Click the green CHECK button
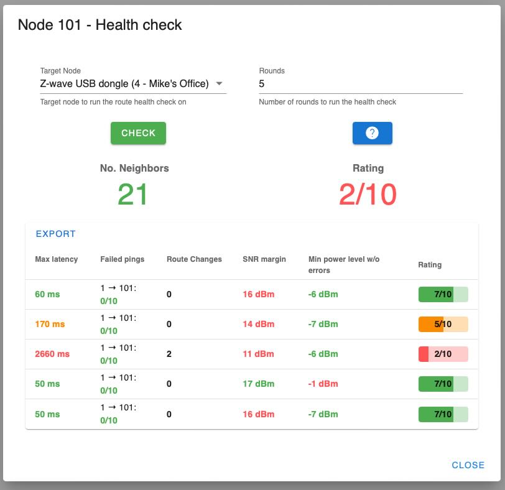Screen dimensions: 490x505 [138, 133]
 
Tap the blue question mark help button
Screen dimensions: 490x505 [372, 133]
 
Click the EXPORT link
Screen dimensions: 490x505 [56, 234]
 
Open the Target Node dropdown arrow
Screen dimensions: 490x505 [219, 84]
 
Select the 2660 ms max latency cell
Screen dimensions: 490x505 [52, 354]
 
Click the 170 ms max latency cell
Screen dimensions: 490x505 [50, 324]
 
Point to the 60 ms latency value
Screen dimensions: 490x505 [47, 294]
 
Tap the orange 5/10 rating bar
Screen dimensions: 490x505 [443, 324]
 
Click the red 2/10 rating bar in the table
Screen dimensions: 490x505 [443, 354]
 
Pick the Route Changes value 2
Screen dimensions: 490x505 [169, 354]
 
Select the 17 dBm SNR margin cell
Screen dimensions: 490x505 [258, 384]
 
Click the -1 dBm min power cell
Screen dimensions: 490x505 [323, 384]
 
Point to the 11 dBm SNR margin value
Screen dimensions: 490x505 [258, 354]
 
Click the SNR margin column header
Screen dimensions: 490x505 [264, 259]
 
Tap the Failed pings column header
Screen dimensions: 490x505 [122, 259]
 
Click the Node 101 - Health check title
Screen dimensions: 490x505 [100, 25]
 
